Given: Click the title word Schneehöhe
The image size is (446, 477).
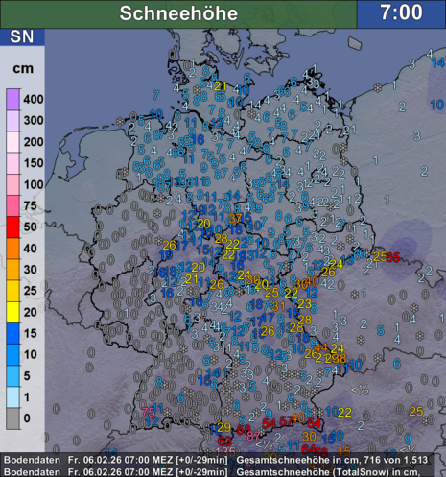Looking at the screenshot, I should (x=177, y=13).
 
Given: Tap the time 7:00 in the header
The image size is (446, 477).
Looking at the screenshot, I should (x=401, y=13).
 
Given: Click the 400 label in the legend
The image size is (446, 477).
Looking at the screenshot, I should (x=34, y=99).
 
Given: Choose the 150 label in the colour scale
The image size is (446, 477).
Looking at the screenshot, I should (x=34, y=162).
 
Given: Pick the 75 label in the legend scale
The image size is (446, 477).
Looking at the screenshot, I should (x=34, y=205).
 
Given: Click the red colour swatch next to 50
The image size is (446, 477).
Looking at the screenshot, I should (x=12, y=227).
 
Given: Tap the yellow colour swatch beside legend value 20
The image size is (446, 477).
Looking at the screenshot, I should (x=12, y=311).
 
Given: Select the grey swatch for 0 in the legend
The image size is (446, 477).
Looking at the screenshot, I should (x=12, y=417).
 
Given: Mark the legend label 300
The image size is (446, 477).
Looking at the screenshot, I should (x=34, y=120).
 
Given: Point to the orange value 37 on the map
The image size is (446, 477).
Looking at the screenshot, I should (x=236, y=219).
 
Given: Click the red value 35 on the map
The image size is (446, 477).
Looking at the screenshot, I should (x=393, y=255).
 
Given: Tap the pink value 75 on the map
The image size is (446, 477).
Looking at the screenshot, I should (x=149, y=413).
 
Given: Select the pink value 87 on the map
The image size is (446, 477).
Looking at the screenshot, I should (x=253, y=436).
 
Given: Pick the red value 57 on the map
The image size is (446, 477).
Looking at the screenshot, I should (x=286, y=423).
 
